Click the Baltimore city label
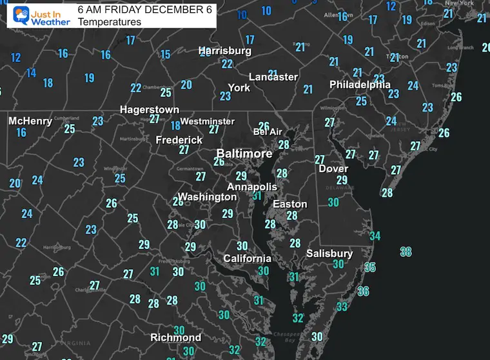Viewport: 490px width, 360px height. point(244,154)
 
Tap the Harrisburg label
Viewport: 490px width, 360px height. point(224,50)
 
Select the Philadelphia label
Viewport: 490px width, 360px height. point(360,85)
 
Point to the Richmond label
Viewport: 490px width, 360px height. point(175,337)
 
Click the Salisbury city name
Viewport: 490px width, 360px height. point(329,254)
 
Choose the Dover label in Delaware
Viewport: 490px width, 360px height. point(333,169)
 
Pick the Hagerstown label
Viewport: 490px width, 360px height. point(150,110)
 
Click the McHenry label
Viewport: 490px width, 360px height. point(30,121)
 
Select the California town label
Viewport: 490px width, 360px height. point(247,258)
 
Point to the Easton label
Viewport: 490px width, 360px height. point(289,204)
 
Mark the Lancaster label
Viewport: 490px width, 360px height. point(273,77)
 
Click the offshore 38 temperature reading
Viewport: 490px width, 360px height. point(406,252)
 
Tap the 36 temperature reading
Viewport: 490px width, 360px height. point(363,292)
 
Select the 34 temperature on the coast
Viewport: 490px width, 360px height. point(375,236)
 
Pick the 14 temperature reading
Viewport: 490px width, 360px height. point(31,73)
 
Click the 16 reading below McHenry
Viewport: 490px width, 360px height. point(21,132)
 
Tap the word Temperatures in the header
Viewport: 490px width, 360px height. point(109,22)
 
